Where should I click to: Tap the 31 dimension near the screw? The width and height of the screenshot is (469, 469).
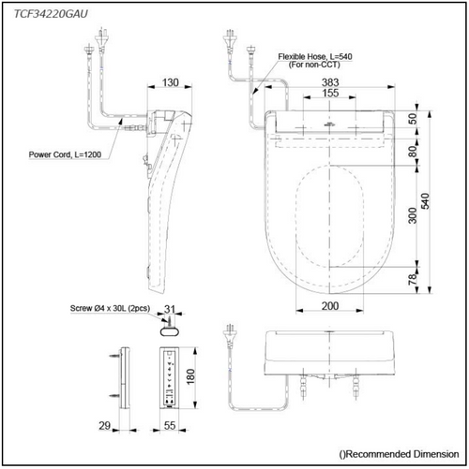click(170, 311)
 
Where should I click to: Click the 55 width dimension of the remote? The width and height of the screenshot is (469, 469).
click(170, 426)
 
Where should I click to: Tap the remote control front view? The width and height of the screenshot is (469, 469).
click(169, 376)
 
